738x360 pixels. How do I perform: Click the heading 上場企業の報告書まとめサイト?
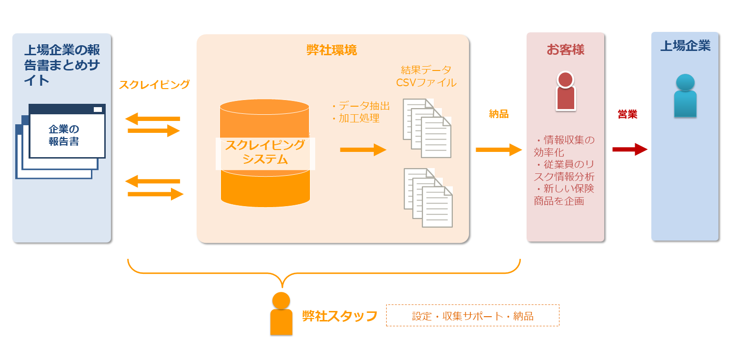pyautogui.click(x=62, y=65)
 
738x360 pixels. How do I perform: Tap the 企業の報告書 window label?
pyautogui.click(x=64, y=135)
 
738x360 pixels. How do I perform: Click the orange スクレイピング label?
pyautogui.click(x=154, y=85)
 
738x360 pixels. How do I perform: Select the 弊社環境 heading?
pyautogui.click(x=332, y=50)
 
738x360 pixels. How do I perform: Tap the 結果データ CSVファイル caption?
pyautogui.click(x=426, y=76)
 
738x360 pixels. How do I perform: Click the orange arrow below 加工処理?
pyautogui.click(x=363, y=150)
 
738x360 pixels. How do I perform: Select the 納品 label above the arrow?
pyautogui.click(x=499, y=114)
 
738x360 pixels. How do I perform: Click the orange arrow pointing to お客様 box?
pyautogui.click(x=499, y=150)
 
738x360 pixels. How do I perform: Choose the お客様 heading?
pyautogui.click(x=565, y=50)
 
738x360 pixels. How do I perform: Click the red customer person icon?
pyautogui.click(x=565, y=91)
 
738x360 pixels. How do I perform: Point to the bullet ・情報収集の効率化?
pyautogui.click(x=564, y=146)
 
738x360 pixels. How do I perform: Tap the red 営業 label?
pyautogui.click(x=627, y=114)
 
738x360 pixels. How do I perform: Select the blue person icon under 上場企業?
pyautogui.click(x=685, y=96)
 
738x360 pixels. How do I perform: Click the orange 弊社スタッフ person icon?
pyautogui.click(x=281, y=314)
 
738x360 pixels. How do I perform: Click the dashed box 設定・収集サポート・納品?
pyautogui.click(x=472, y=316)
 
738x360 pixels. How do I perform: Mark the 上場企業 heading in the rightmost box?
pyautogui.click(x=685, y=46)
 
